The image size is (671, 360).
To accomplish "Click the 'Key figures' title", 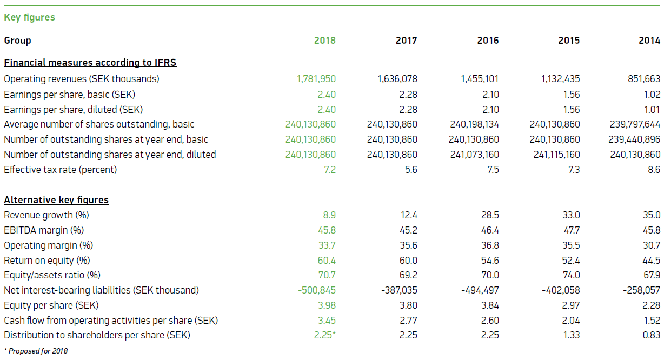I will click(x=29, y=17).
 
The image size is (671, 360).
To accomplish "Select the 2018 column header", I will click(x=325, y=41).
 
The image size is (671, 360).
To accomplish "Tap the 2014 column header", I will click(x=649, y=41).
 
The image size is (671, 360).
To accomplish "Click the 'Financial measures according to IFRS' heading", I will click(x=90, y=63).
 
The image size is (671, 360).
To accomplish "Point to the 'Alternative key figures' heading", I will click(x=56, y=200).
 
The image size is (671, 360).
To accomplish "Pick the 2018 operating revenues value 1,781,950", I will click(x=316, y=79).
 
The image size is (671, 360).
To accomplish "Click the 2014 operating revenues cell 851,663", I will click(x=644, y=79).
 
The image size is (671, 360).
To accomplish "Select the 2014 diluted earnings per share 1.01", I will click(x=653, y=109).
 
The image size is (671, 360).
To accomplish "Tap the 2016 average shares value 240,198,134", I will click(x=474, y=124).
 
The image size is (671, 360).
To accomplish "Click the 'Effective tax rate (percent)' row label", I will click(x=60, y=170).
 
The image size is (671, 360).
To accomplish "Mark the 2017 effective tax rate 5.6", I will click(x=410, y=170).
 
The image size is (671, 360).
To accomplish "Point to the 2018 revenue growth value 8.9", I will click(x=329, y=215).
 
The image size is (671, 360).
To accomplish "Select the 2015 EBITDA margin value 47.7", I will click(x=572, y=230).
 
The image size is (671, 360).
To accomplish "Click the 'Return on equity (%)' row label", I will click(x=46, y=261).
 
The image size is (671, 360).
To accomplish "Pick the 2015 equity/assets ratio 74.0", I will click(x=572, y=276).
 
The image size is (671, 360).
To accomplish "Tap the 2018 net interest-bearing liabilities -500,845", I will click(x=317, y=290).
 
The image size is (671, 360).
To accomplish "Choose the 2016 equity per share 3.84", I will click(x=490, y=305).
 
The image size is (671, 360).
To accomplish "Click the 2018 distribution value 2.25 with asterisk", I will click(x=325, y=335).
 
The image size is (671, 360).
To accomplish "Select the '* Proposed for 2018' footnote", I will click(x=36, y=351).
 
